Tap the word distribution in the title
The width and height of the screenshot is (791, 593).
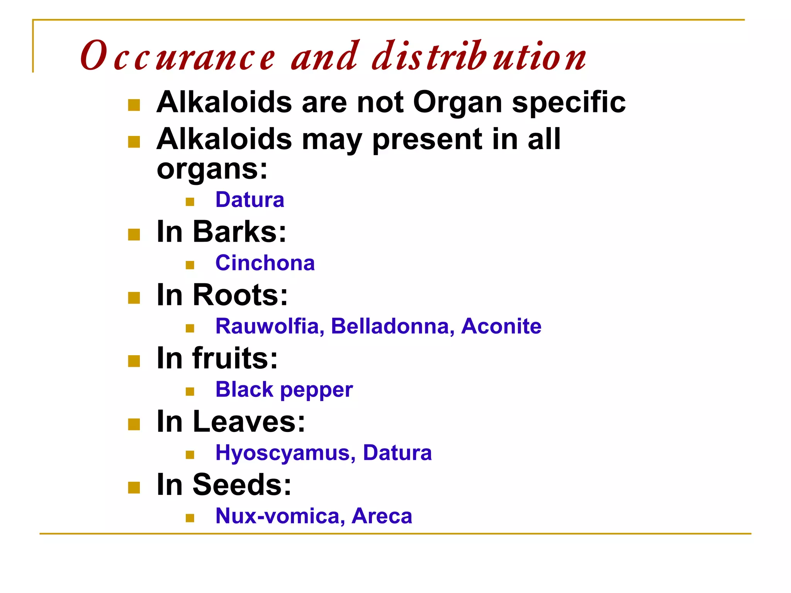pyautogui.click(x=479, y=56)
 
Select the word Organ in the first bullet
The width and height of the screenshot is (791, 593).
pyautogui.click(x=458, y=103)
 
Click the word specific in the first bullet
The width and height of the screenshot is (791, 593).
pyautogui.click(x=569, y=103)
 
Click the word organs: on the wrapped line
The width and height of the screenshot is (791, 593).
pyautogui.click(x=212, y=169)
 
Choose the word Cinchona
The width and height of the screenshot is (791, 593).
pyautogui.click(x=265, y=263)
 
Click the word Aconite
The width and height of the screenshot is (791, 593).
pyautogui.click(x=501, y=326)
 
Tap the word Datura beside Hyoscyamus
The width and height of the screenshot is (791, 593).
pyautogui.click(x=397, y=452)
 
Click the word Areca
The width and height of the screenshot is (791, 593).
pyautogui.click(x=382, y=516)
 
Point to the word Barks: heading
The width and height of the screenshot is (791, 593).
pyautogui.click(x=239, y=232)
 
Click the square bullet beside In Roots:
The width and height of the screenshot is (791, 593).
pyautogui.click(x=134, y=298)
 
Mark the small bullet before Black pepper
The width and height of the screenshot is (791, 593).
pyautogui.click(x=190, y=392)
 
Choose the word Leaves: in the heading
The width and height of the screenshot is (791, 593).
pyautogui.click(x=249, y=422)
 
